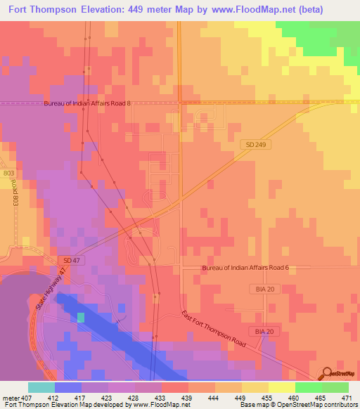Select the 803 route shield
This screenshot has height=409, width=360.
(x=7, y=172)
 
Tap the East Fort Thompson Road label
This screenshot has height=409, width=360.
(x=212, y=327)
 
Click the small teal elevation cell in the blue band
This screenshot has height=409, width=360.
(x=80, y=317)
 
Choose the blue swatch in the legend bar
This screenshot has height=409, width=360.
(x=68, y=387)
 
